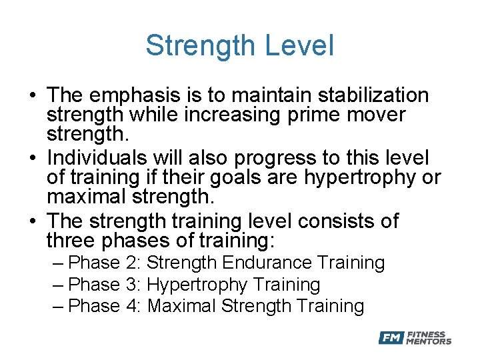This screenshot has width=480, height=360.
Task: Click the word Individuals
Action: pyautogui.click(x=97, y=159)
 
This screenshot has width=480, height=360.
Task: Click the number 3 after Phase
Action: pyautogui.click(x=131, y=285)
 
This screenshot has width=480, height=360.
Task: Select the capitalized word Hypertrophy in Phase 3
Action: pyautogui.click(x=197, y=285)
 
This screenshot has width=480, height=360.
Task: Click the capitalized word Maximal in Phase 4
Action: pyautogui.click(x=181, y=306)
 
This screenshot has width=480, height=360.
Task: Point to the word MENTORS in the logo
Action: pyautogui.click(x=429, y=341)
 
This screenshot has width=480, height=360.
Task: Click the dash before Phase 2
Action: pyautogui.click(x=57, y=263)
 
